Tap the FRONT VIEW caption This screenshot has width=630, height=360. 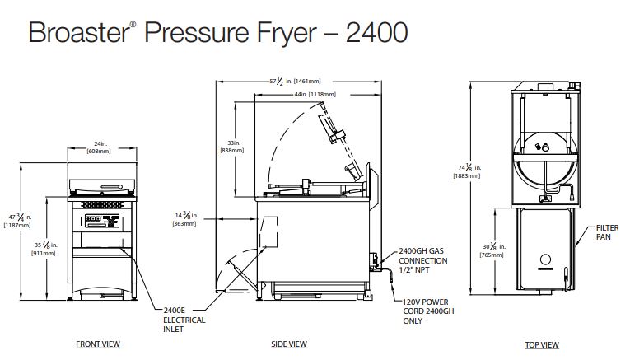coord(98,344)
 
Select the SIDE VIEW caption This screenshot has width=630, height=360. coord(289,344)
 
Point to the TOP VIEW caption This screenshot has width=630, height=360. coord(542,344)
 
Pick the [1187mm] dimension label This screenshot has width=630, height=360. coord(17,225)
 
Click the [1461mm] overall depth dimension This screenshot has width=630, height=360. coord(306,82)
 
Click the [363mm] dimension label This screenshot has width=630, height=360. coord(182,223)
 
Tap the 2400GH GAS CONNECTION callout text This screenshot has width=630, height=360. coord(423,261)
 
